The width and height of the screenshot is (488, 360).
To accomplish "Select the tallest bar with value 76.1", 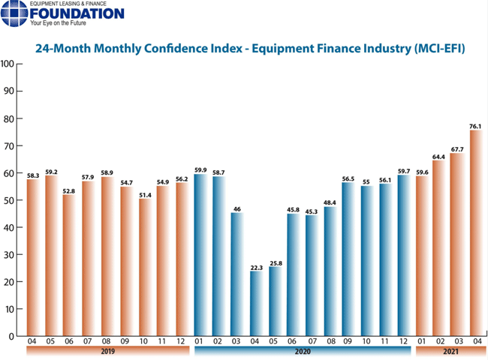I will point(476,232).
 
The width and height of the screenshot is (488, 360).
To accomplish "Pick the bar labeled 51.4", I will point(146,266).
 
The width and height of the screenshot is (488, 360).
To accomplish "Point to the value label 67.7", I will point(457,148).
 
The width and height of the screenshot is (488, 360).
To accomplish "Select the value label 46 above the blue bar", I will point(238,208).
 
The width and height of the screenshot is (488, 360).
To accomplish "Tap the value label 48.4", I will point(330,202).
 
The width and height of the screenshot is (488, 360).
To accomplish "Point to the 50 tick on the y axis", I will point(11,200).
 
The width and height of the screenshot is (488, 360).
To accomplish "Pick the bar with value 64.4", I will point(439,248).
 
